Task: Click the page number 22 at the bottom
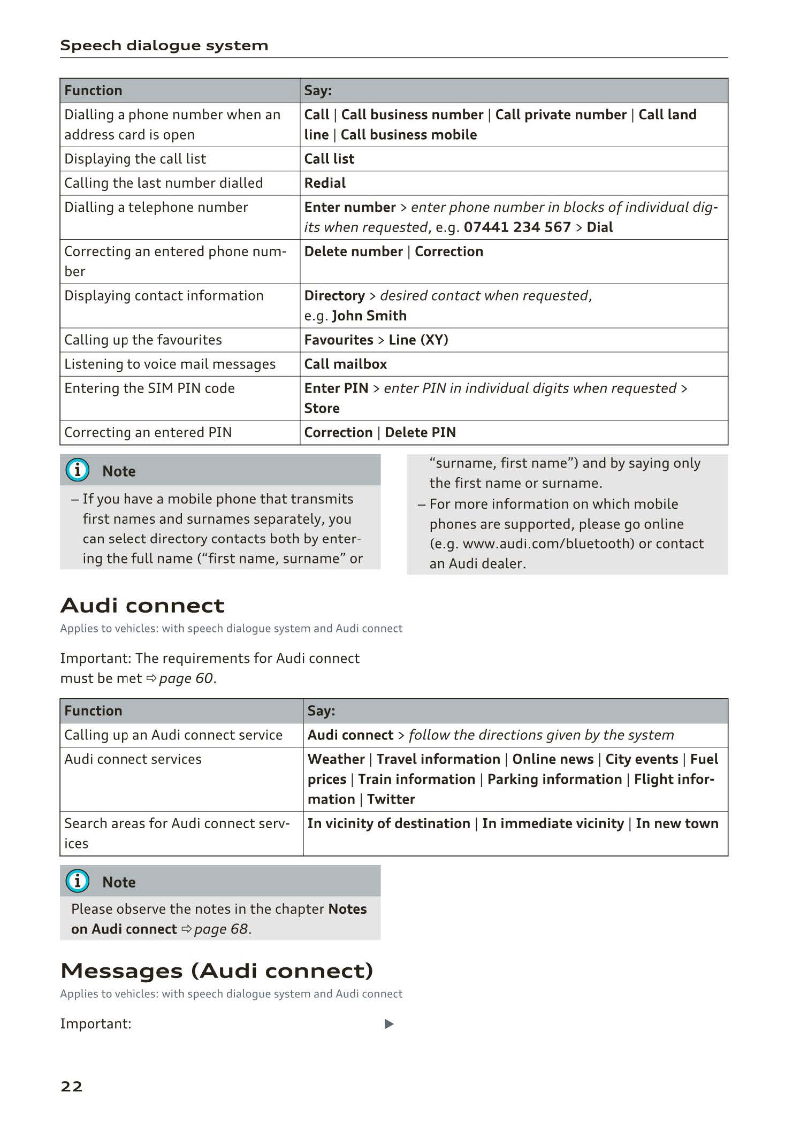pyautogui.click(x=72, y=1086)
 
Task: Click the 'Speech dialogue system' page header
pyautogui.click(x=164, y=45)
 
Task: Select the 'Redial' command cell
pyautogui.click(x=325, y=183)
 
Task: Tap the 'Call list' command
pyautogui.click(x=329, y=159)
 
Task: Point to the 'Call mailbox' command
pyautogui.click(x=345, y=364)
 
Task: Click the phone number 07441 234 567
pyautogui.click(x=517, y=227)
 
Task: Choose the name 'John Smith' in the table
pyautogui.click(x=369, y=316)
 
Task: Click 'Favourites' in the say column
pyautogui.click(x=339, y=340)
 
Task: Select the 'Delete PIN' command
pyautogui.click(x=420, y=432)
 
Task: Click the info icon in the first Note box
pyautogui.click(x=78, y=470)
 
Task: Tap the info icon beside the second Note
pyautogui.click(x=78, y=881)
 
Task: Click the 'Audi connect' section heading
pyautogui.click(x=142, y=606)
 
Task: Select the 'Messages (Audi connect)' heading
pyautogui.click(x=217, y=971)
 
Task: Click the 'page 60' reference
pyautogui.click(x=186, y=678)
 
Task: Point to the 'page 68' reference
pyautogui.click(x=221, y=929)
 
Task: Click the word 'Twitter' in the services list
pyautogui.click(x=391, y=799)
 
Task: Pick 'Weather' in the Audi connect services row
pyautogui.click(x=336, y=759)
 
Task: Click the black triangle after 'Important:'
pyautogui.click(x=389, y=1024)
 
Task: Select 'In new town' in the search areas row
pyautogui.click(x=676, y=823)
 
